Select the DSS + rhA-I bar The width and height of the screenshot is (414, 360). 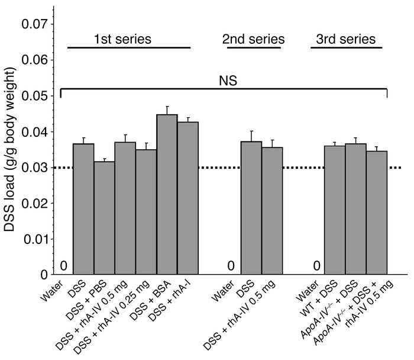[x=187, y=198]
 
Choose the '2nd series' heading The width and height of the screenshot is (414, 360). [x=253, y=40]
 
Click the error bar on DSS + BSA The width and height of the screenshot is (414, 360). [x=167, y=110]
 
